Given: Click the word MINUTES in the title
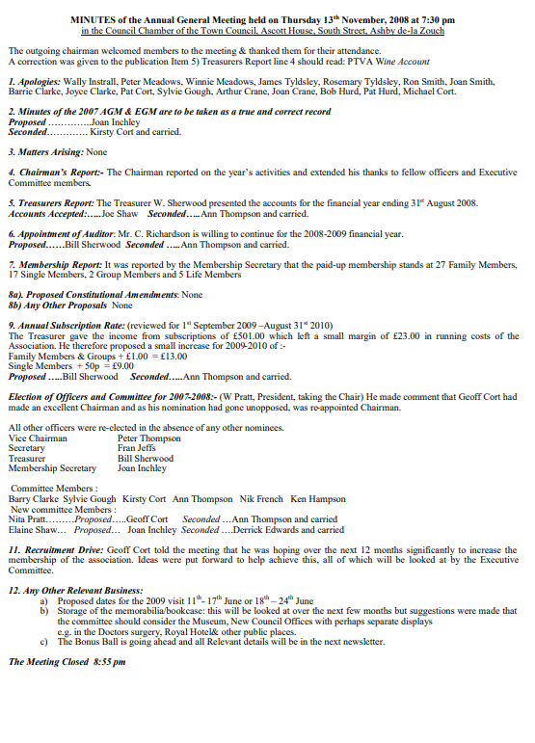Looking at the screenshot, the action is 94,20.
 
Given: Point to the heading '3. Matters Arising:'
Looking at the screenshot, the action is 45,152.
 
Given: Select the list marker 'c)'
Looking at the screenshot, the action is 43,641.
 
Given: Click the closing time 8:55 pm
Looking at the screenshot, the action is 109,662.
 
